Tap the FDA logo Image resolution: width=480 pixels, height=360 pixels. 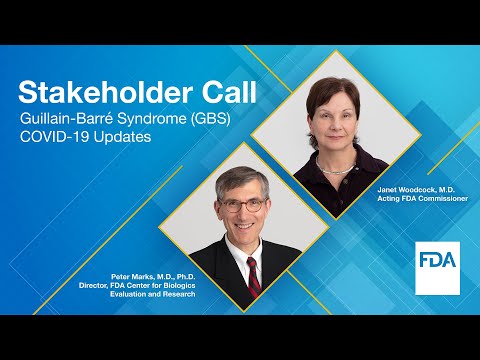click(x=436, y=266)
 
